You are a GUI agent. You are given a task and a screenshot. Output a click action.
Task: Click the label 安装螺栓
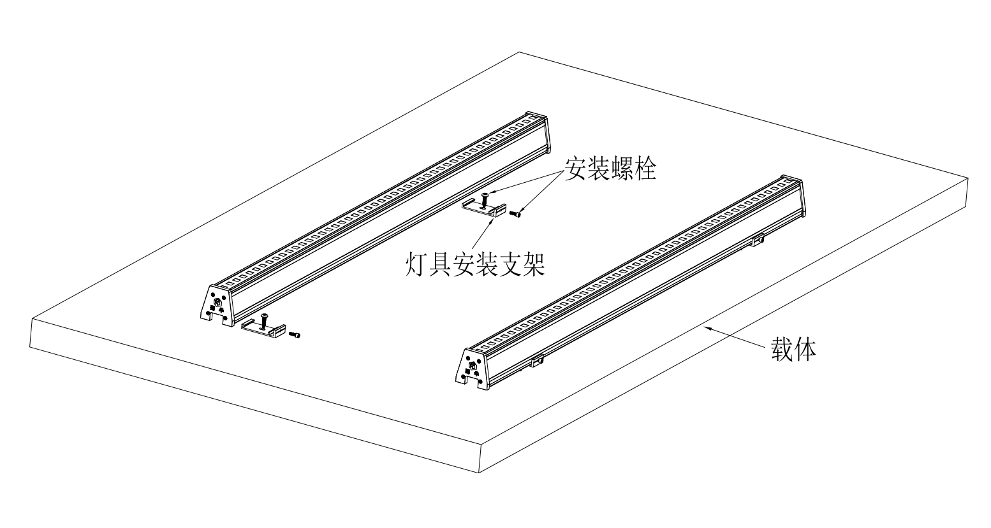609,169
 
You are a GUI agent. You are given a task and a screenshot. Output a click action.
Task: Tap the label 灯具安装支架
475,263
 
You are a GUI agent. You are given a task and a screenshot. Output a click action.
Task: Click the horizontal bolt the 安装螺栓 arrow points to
517,215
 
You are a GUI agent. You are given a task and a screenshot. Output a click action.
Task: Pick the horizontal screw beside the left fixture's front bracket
295,334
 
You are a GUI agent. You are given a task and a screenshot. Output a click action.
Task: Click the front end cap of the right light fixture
473,367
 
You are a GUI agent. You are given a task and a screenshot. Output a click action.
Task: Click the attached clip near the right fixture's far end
758,240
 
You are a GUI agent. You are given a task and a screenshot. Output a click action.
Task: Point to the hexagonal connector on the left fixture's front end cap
217,303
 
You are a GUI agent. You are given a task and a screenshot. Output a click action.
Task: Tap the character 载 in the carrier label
782,350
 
